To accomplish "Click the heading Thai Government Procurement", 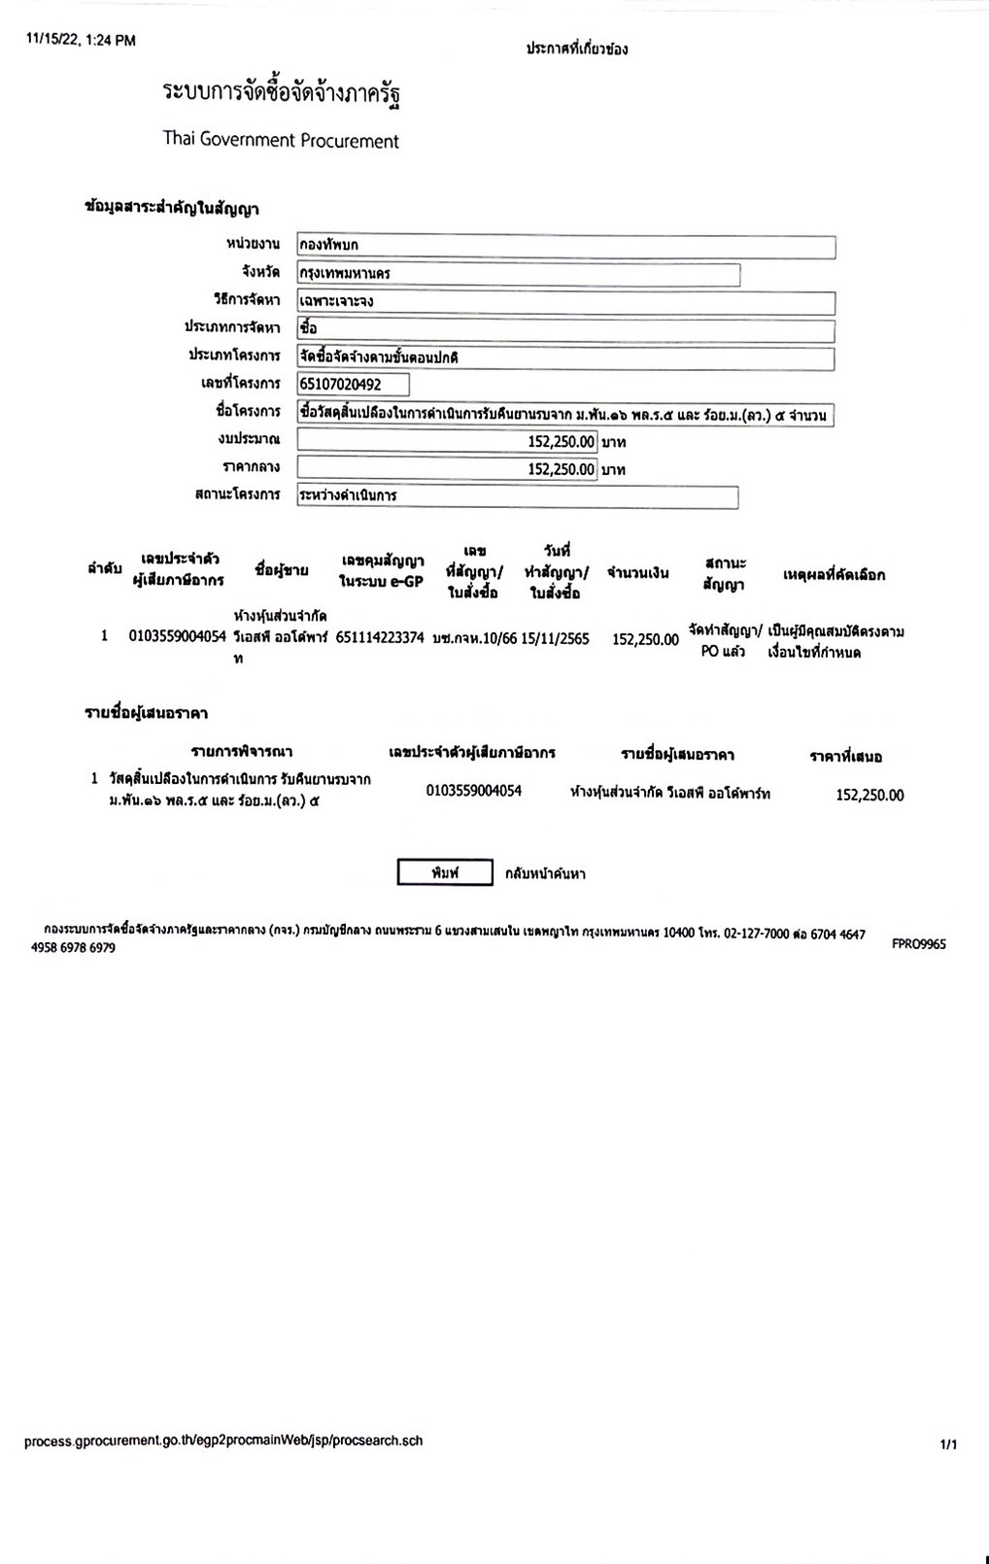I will pos(281,140).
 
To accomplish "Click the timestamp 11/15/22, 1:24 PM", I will pos(81,40).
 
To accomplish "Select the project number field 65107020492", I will pos(354,385).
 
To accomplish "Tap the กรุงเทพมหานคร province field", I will pos(518,274).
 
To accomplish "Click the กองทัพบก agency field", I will pos(565,247).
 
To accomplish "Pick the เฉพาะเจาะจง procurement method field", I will pos(565,302).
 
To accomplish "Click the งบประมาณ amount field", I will pos(447,442).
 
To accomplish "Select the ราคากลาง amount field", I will pos(447,469).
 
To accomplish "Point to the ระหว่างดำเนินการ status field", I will pos(517,495).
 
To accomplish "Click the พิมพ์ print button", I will pos(445,872).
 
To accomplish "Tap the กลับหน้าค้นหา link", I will pos(545,873).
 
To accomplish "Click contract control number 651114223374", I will pos(380,638).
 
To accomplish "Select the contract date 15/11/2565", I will pos(555,638).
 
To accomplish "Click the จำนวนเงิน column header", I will pos(637,573).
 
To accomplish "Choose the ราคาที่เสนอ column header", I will pos(845,756).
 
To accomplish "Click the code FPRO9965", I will pos(918,943).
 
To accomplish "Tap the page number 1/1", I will pos(948,1445).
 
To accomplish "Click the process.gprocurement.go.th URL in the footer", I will pos(223,1441).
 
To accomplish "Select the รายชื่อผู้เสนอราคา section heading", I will pos(146,713).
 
